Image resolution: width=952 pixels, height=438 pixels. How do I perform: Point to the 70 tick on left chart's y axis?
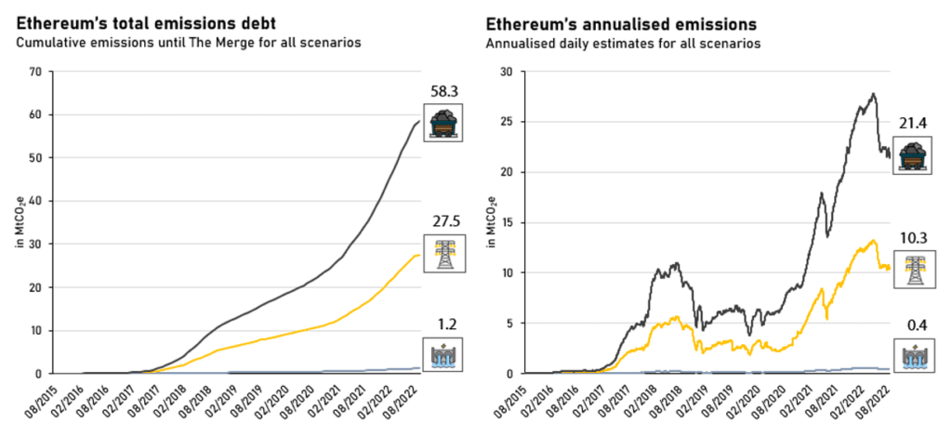(x=36, y=72)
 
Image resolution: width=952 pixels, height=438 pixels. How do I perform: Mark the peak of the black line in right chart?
(x=872, y=94)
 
